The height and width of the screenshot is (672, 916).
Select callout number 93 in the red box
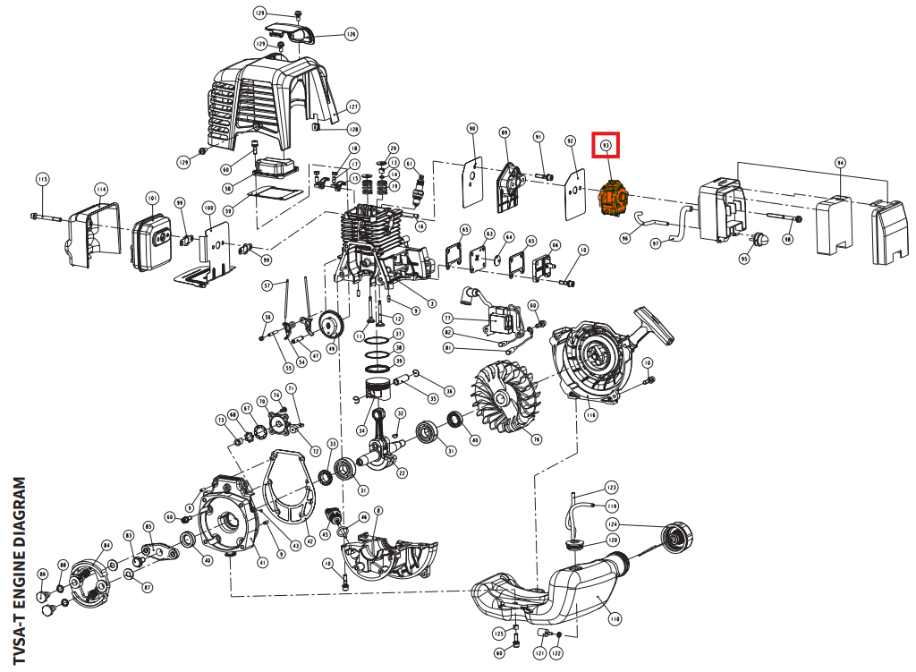click(606, 144)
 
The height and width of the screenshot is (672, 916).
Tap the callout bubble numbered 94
click(840, 163)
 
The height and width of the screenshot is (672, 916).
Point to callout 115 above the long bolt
click(42, 180)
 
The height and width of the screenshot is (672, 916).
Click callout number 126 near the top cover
click(351, 35)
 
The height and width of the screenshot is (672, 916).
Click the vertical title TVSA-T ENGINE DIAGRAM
click(21, 572)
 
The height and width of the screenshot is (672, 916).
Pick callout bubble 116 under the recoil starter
click(591, 415)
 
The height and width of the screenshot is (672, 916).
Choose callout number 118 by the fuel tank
click(615, 618)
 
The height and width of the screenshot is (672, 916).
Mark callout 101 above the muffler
click(153, 198)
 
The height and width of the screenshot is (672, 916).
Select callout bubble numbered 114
click(101, 190)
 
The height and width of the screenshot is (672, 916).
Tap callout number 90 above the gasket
click(472, 129)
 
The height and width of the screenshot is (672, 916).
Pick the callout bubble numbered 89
click(505, 133)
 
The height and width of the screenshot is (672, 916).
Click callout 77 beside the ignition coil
click(448, 318)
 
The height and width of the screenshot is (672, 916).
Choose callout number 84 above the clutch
click(106, 545)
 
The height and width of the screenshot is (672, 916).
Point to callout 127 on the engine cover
click(352, 106)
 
